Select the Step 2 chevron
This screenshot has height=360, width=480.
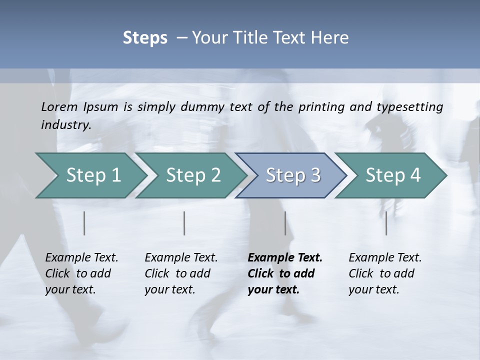(193, 175)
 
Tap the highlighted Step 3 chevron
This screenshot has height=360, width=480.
(293, 175)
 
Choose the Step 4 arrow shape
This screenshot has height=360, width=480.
(393, 175)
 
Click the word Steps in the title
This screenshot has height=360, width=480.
(145, 38)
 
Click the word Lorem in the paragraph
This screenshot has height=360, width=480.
(59, 106)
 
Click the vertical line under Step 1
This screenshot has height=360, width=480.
(84, 223)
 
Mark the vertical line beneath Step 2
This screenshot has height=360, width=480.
(184, 223)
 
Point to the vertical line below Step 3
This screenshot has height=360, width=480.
(285, 223)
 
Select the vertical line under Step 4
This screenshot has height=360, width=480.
(386, 223)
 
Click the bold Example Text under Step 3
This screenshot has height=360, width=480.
(285, 257)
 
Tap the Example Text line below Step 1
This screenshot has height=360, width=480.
(81, 257)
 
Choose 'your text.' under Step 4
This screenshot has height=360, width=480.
(373, 289)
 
